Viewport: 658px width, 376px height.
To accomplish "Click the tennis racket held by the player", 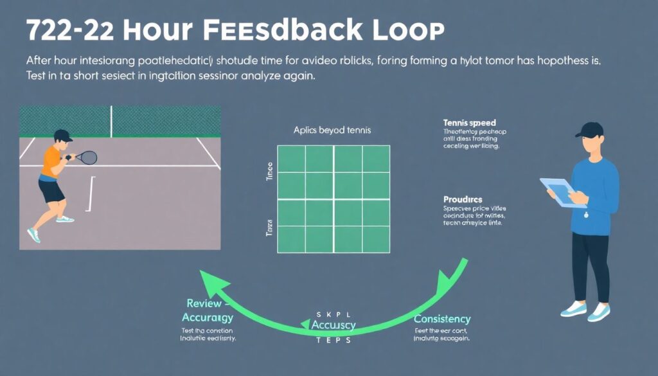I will [x=87, y=157].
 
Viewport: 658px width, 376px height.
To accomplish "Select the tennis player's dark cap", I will [x=62, y=135].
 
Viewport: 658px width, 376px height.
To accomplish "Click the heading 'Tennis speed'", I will [x=469, y=122].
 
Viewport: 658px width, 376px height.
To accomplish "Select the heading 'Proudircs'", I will [x=463, y=199].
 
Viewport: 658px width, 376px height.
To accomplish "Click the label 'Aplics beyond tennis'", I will [x=332, y=130].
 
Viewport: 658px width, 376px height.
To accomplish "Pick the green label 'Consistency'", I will [x=442, y=319].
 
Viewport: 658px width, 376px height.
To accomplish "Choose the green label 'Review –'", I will [x=204, y=303].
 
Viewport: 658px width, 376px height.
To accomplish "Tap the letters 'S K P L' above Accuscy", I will [x=333, y=313].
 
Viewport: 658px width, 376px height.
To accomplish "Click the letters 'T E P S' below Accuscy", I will [x=333, y=340].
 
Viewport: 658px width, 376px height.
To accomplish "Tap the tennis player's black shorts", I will [x=51, y=191].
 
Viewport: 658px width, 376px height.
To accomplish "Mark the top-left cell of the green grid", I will [x=291, y=158].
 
